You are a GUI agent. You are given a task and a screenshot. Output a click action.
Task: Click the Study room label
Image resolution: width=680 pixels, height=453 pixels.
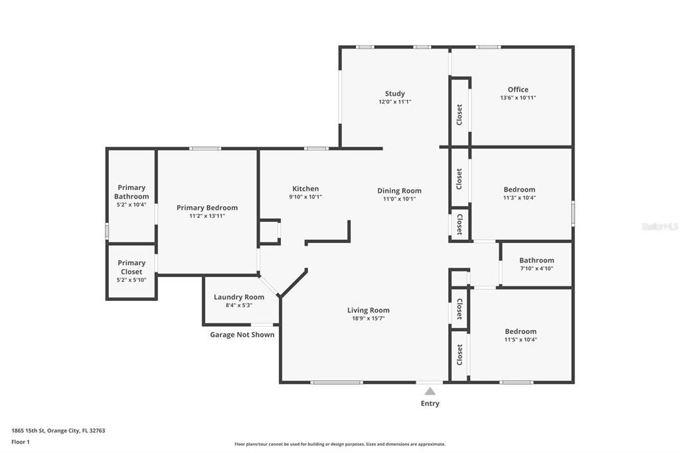pyautogui.click(x=394, y=94)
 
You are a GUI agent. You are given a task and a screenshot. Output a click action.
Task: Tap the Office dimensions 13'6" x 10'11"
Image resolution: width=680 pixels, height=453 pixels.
pyautogui.click(x=518, y=98)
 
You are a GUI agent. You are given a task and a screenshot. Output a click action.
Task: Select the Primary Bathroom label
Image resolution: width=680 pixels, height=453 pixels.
pyautogui.click(x=131, y=192)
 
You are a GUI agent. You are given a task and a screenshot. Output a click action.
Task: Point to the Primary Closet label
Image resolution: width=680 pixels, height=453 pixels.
pyautogui.click(x=131, y=267)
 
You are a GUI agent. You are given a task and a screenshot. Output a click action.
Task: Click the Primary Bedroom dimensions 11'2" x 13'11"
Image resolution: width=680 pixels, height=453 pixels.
pyautogui.click(x=207, y=216)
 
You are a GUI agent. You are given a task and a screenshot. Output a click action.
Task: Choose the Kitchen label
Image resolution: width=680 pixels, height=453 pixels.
pyautogui.click(x=305, y=189)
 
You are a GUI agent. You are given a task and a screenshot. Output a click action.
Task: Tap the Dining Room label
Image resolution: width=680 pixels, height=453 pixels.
pyautogui.click(x=399, y=191)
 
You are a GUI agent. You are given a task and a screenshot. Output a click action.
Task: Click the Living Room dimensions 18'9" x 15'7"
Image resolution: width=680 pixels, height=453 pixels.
pyautogui.click(x=368, y=318)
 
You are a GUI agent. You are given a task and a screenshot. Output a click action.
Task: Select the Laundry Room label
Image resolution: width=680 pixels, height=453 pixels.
pyautogui.click(x=239, y=297)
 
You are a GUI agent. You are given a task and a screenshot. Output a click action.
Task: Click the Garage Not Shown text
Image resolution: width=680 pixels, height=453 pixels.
pyautogui.click(x=242, y=335)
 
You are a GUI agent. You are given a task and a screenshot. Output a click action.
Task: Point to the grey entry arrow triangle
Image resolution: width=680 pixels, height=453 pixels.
pyautogui.click(x=430, y=391)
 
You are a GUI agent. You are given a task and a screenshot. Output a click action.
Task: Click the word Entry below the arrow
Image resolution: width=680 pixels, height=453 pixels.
pyautogui.click(x=430, y=403)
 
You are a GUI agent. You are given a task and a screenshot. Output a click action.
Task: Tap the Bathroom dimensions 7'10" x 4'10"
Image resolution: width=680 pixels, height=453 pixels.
pyautogui.click(x=537, y=268)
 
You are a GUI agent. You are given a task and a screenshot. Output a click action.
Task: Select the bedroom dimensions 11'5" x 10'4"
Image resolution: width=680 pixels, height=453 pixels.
pyautogui.click(x=521, y=339)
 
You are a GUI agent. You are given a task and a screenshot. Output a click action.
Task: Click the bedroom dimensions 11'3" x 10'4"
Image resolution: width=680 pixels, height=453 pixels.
pyautogui.click(x=519, y=197)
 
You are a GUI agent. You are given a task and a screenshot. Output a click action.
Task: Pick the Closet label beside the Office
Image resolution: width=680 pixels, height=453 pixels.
pyautogui.click(x=459, y=114)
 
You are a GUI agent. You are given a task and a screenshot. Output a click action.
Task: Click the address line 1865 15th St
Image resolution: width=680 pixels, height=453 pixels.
pyautogui.click(x=58, y=430)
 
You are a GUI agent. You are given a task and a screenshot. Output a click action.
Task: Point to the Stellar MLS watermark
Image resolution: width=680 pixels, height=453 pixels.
pyautogui.click(x=659, y=226)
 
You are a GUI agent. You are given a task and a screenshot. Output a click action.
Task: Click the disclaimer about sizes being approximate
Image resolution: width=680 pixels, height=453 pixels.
pyautogui.click(x=339, y=444)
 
